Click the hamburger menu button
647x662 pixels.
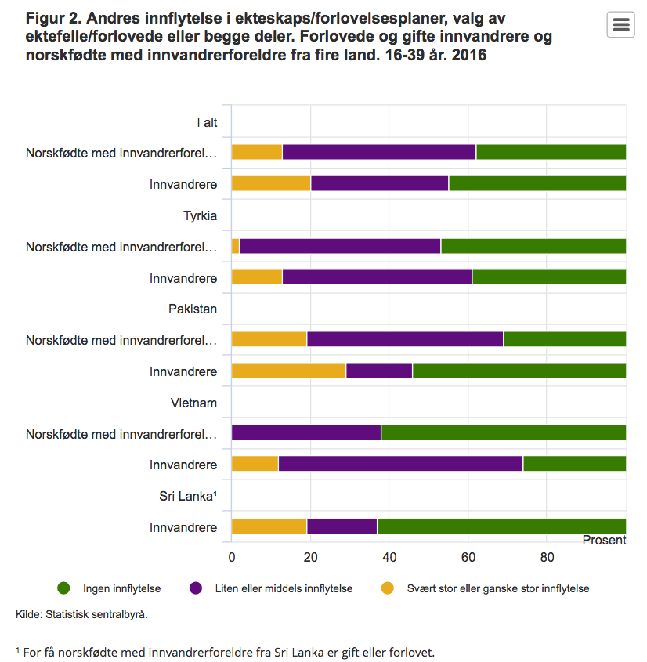point(620,25)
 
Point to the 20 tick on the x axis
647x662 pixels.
point(311,557)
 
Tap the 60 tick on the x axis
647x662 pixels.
point(468,557)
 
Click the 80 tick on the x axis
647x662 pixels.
point(548,557)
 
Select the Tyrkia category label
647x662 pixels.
point(200,215)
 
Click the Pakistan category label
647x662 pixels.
point(193,309)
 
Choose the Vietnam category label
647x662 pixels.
point(193,403)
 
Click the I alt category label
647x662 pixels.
point(207,122)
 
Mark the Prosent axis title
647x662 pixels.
point(604,541)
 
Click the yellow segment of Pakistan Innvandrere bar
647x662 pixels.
point(288,371)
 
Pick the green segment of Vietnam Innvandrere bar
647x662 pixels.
point(574,464)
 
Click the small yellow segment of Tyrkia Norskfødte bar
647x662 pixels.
point(235,246)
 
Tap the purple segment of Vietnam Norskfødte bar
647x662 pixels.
point(306,432)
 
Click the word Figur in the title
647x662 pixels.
point(43,17)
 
